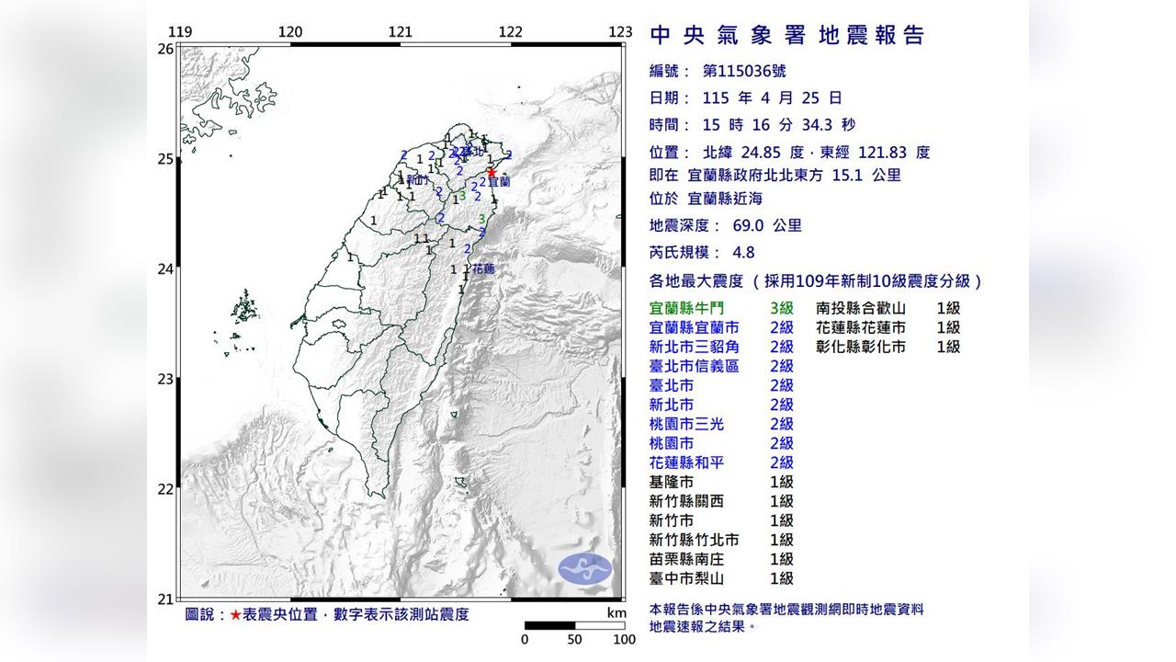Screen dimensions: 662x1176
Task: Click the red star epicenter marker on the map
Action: coord(492,172)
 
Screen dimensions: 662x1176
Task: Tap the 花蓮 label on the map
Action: coord(482,269)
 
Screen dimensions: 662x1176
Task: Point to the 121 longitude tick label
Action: coord(400,32)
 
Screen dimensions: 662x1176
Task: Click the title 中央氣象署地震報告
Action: coord(787,36)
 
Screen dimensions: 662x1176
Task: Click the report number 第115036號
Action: coord(743,71)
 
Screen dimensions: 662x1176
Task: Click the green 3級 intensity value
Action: coord(782,309)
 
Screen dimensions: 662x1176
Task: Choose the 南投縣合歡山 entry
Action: coord(861,309)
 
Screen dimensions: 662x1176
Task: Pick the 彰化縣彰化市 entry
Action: coord(861,348)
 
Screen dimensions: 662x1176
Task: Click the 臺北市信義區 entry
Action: coord(694,367)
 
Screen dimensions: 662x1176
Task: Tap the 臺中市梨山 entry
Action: coord(686,578)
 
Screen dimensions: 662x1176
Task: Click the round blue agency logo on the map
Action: coord(585,568)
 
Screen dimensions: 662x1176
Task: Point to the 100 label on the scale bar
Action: coord(624,640)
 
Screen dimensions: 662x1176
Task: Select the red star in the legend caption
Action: coord(236,614)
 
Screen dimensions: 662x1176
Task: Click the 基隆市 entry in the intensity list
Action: coord(672,483)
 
